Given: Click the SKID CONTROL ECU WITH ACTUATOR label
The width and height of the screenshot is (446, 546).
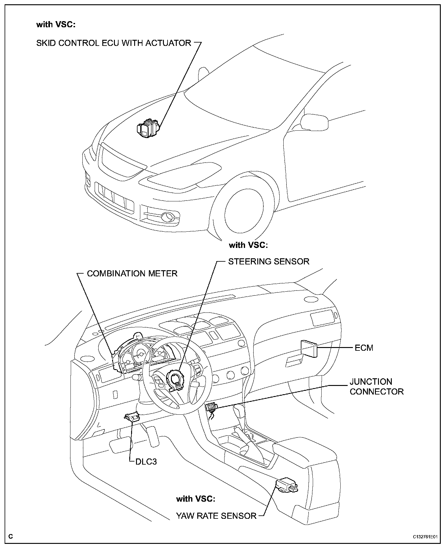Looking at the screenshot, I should (113, 43).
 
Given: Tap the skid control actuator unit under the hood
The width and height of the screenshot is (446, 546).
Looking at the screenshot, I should (148, 129).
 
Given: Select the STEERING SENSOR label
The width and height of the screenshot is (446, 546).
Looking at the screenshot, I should (269, 261).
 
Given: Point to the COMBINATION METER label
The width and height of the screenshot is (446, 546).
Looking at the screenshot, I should (132, 273).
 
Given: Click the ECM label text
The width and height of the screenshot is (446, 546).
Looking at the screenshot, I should (364, 348).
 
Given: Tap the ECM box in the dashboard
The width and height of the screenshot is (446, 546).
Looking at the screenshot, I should (309, 348).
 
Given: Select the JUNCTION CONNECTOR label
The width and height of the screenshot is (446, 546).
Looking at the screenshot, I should (376, 387).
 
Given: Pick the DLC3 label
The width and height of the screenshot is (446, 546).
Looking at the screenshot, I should (146, 462).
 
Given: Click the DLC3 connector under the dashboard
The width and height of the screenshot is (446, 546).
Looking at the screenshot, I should (132, 417).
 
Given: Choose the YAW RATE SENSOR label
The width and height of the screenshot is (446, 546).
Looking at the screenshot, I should (216, 516).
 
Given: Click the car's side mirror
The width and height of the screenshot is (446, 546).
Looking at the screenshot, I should (314, 122).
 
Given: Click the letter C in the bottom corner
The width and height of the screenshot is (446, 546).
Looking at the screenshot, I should (11, 537).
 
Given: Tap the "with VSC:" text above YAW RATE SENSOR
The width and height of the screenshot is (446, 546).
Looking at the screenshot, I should (196, 499).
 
